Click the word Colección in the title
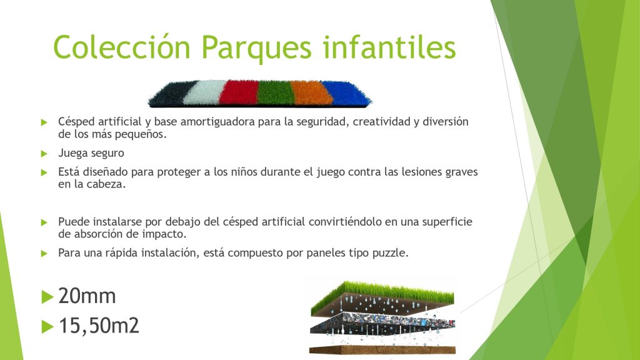[122, 47]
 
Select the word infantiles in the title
[389, 47]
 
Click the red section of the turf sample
[238, 92]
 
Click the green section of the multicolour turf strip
[276, 93]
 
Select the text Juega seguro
[91, 154]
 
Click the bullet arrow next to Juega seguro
[44, 154]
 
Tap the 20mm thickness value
[87, 296]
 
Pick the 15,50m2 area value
[99, 326]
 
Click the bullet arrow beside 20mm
[47, 297]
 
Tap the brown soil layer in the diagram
[382, 350]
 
